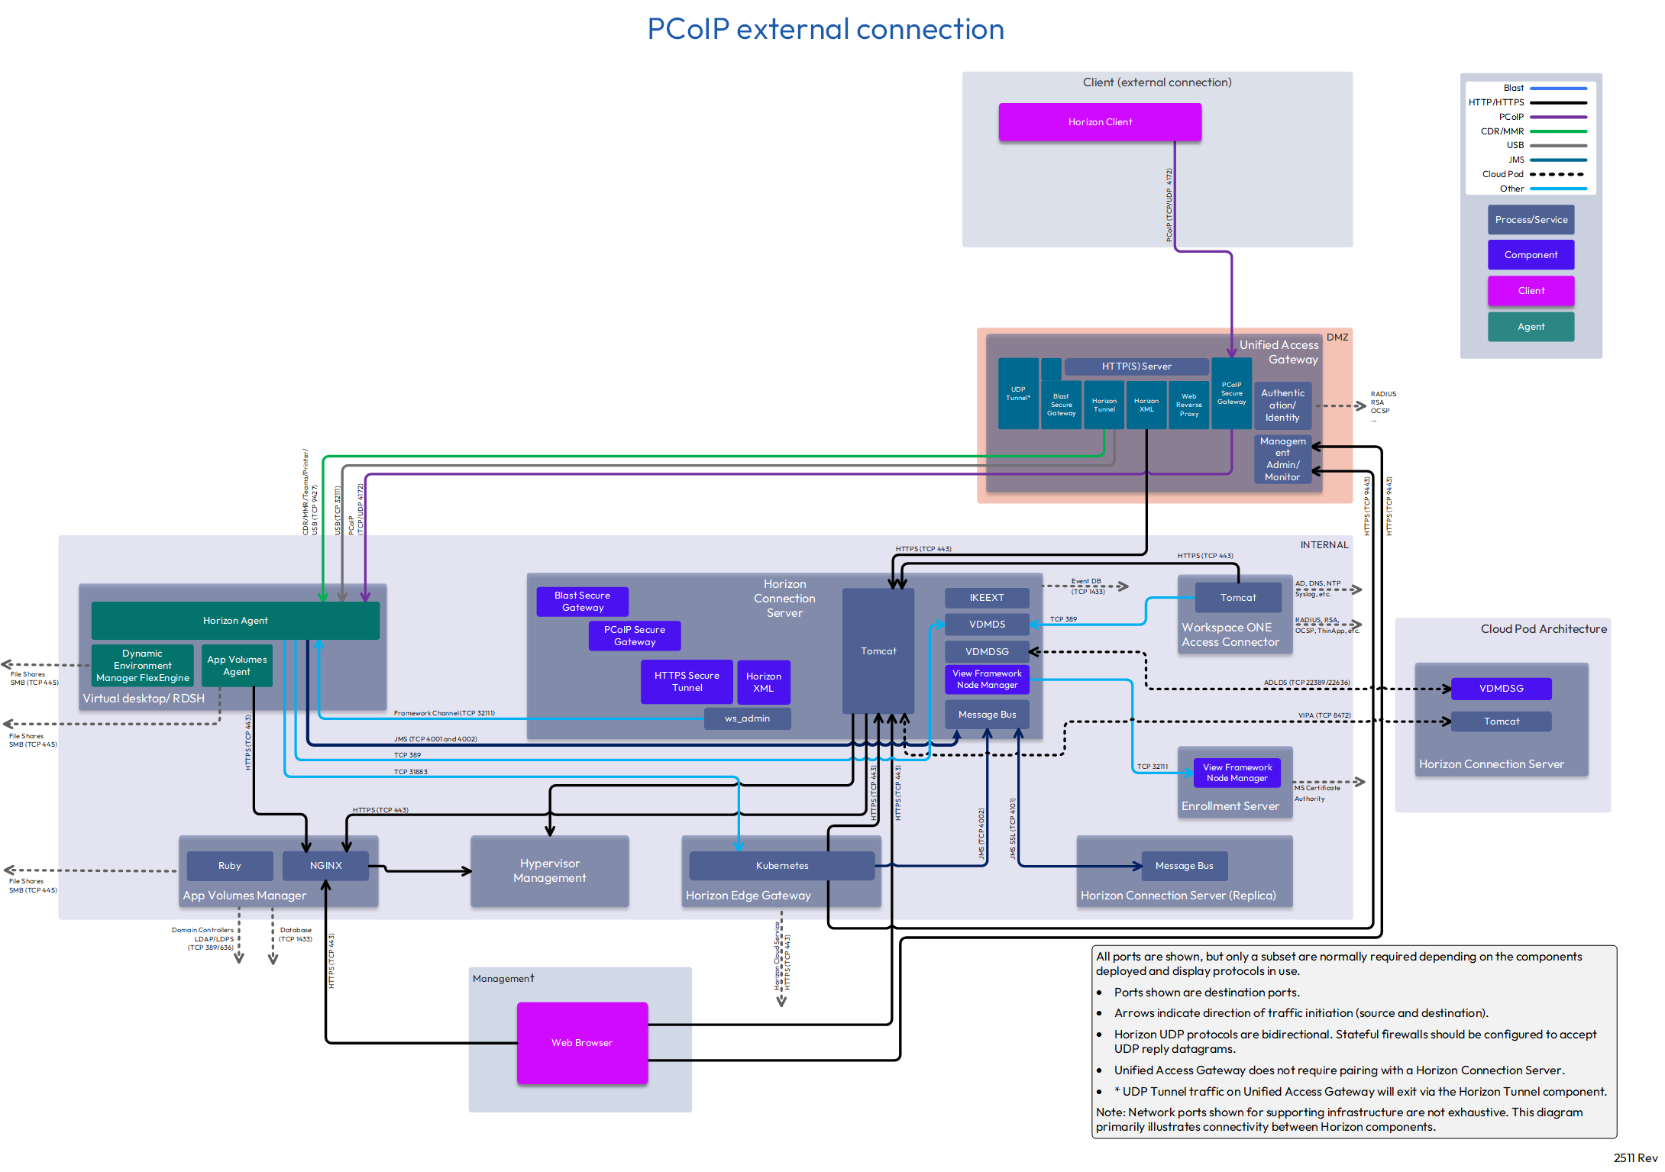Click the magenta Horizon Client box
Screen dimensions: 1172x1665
coord(1099,122)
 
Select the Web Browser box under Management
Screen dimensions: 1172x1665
coord(582,1042)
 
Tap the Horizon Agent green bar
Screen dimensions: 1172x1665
coord(235,621)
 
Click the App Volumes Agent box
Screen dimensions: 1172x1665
coord(237,666)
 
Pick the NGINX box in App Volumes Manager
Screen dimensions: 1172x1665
coord(325,866)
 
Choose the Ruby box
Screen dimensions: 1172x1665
coord(229,866)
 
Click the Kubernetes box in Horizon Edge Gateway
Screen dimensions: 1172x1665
coord(781,866)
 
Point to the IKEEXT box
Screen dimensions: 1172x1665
coord(987,598)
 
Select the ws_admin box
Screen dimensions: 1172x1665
coord(747,718)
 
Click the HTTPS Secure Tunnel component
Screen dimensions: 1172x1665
coord(687,682)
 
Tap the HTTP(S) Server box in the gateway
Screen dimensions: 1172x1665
coord(1136,366)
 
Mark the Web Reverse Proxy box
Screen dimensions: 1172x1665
coord(1188,405)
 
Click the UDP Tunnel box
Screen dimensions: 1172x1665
coord(1018,394)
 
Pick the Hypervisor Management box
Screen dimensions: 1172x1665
coord(549,871)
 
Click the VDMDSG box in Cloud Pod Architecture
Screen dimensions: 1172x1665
coord(1501,689)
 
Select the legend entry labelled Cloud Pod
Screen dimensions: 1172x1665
coord(1502,174)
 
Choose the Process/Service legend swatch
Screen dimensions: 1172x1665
coord(1531,220)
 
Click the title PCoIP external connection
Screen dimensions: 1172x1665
coord(826,29)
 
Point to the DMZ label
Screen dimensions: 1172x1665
coord(1337,337)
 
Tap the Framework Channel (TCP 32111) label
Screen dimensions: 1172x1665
coord(444,713)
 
